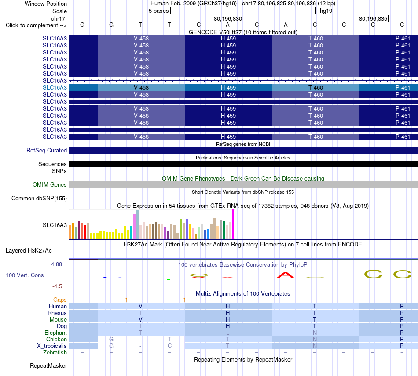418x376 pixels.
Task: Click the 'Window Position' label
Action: (x=46, y=4)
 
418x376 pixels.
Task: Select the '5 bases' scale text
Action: (x=158, y=11)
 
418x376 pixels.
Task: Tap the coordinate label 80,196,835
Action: (x=373, y=18)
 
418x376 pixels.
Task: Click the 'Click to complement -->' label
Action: (x=36, y=25)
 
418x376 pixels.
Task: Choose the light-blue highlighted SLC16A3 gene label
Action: (x=55, y=87)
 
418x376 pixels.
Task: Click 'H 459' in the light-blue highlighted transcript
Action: (x=228, y=87)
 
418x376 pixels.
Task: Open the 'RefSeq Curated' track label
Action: (x=47, y=150)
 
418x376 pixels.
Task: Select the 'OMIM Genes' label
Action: (x=50, y=184)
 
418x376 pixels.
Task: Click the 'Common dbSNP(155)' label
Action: (x=39, y=198)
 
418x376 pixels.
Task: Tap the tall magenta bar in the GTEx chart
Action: (x=233, y=224)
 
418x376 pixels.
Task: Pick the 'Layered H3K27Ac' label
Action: (x=29, y=251)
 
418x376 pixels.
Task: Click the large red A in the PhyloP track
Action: (x=286, y=275)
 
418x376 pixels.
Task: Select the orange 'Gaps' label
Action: (x=60, y=300)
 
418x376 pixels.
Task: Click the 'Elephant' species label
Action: (x=56, y=333)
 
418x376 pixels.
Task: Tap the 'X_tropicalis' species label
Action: (x=52, y=346)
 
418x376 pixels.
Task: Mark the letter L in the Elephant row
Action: (x=227, y=333)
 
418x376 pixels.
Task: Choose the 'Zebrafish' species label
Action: (x=55, y=352)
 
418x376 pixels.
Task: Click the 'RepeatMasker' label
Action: (x=48, y=365)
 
